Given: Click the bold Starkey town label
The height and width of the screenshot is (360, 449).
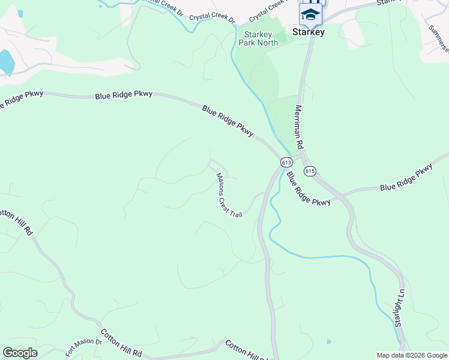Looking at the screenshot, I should point(309,32).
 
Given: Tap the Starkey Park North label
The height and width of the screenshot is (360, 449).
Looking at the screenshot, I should point(258,39).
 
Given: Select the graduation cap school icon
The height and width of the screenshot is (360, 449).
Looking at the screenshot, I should point(310,14).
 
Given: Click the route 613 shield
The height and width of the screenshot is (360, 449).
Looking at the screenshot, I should point(286,162).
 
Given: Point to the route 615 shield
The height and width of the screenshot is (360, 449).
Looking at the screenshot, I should point(310,171).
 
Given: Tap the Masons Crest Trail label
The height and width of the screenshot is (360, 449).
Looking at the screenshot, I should point(229,195).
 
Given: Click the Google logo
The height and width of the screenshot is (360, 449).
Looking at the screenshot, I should point(20,353).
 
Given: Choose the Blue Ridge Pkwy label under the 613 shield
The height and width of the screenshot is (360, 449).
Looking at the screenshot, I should point(308,189).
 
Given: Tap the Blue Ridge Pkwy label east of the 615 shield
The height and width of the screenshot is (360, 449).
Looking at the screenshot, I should point(406,178).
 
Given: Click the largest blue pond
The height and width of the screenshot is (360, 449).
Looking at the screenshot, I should point(5,61).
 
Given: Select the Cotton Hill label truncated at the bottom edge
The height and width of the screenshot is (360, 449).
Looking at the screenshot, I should point(248,351).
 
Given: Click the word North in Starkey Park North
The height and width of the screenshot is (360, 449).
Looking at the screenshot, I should point(268,43).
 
